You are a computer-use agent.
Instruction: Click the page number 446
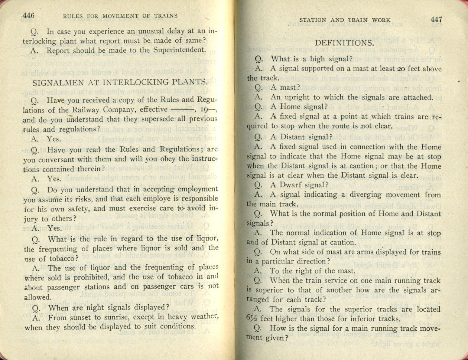click(28, 16)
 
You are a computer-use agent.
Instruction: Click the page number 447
click(436, 20)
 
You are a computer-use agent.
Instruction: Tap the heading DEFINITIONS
click(344, 43)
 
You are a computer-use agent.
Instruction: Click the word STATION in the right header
click(313, 20)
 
